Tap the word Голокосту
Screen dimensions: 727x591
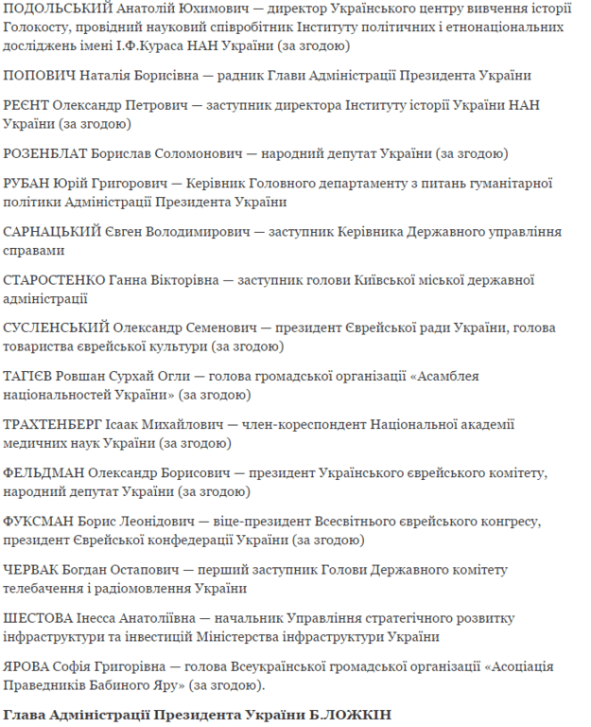pyautogui.click(x=43, y=28)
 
